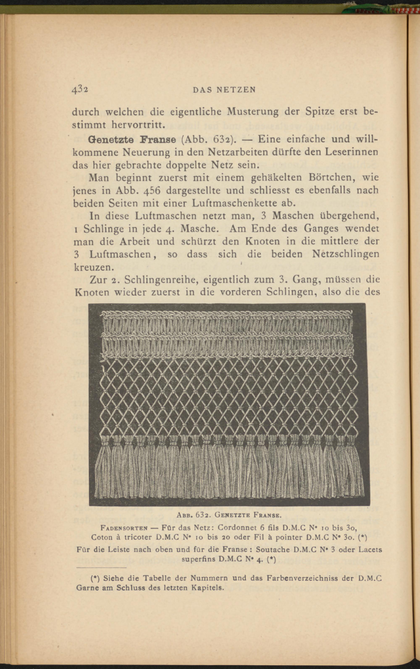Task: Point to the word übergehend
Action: [349, 216]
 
